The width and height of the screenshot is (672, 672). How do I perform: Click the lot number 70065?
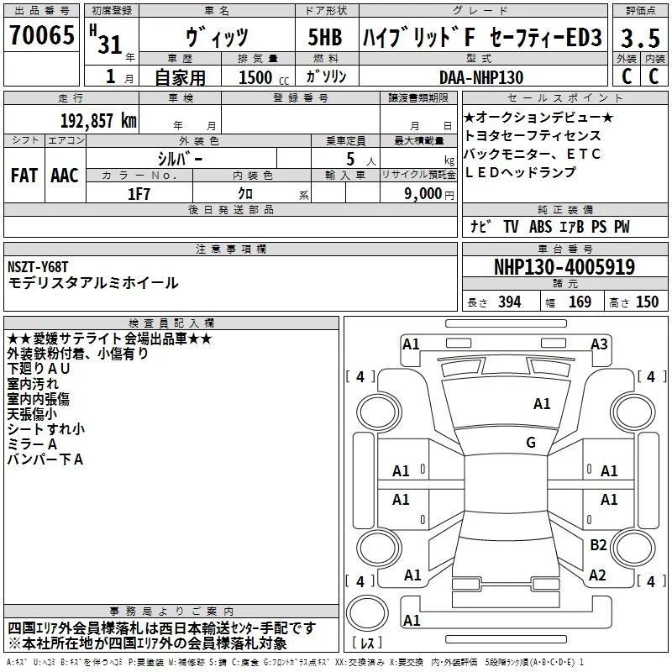[41, 36]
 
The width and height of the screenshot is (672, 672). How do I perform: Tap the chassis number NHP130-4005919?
[564, 268]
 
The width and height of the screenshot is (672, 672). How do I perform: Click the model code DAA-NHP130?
[481, 77]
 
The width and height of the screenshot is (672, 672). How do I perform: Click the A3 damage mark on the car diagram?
[599, 344]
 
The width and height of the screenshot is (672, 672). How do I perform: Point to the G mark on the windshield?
[531, 443]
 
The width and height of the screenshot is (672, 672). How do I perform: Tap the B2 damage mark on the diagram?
[598, 545]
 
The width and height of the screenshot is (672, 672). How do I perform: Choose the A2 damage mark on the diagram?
[598, 575]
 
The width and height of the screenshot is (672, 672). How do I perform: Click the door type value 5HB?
[324, 38]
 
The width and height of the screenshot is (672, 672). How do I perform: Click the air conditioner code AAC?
[64, 176]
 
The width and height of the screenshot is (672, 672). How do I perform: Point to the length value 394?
[509, 302]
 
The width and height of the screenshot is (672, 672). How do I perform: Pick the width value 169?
[580, 302]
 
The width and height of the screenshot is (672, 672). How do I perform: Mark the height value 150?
[647, 302]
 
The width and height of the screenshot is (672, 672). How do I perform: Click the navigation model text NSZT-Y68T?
[39, 267]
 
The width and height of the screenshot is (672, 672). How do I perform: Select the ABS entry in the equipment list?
[541, 227]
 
